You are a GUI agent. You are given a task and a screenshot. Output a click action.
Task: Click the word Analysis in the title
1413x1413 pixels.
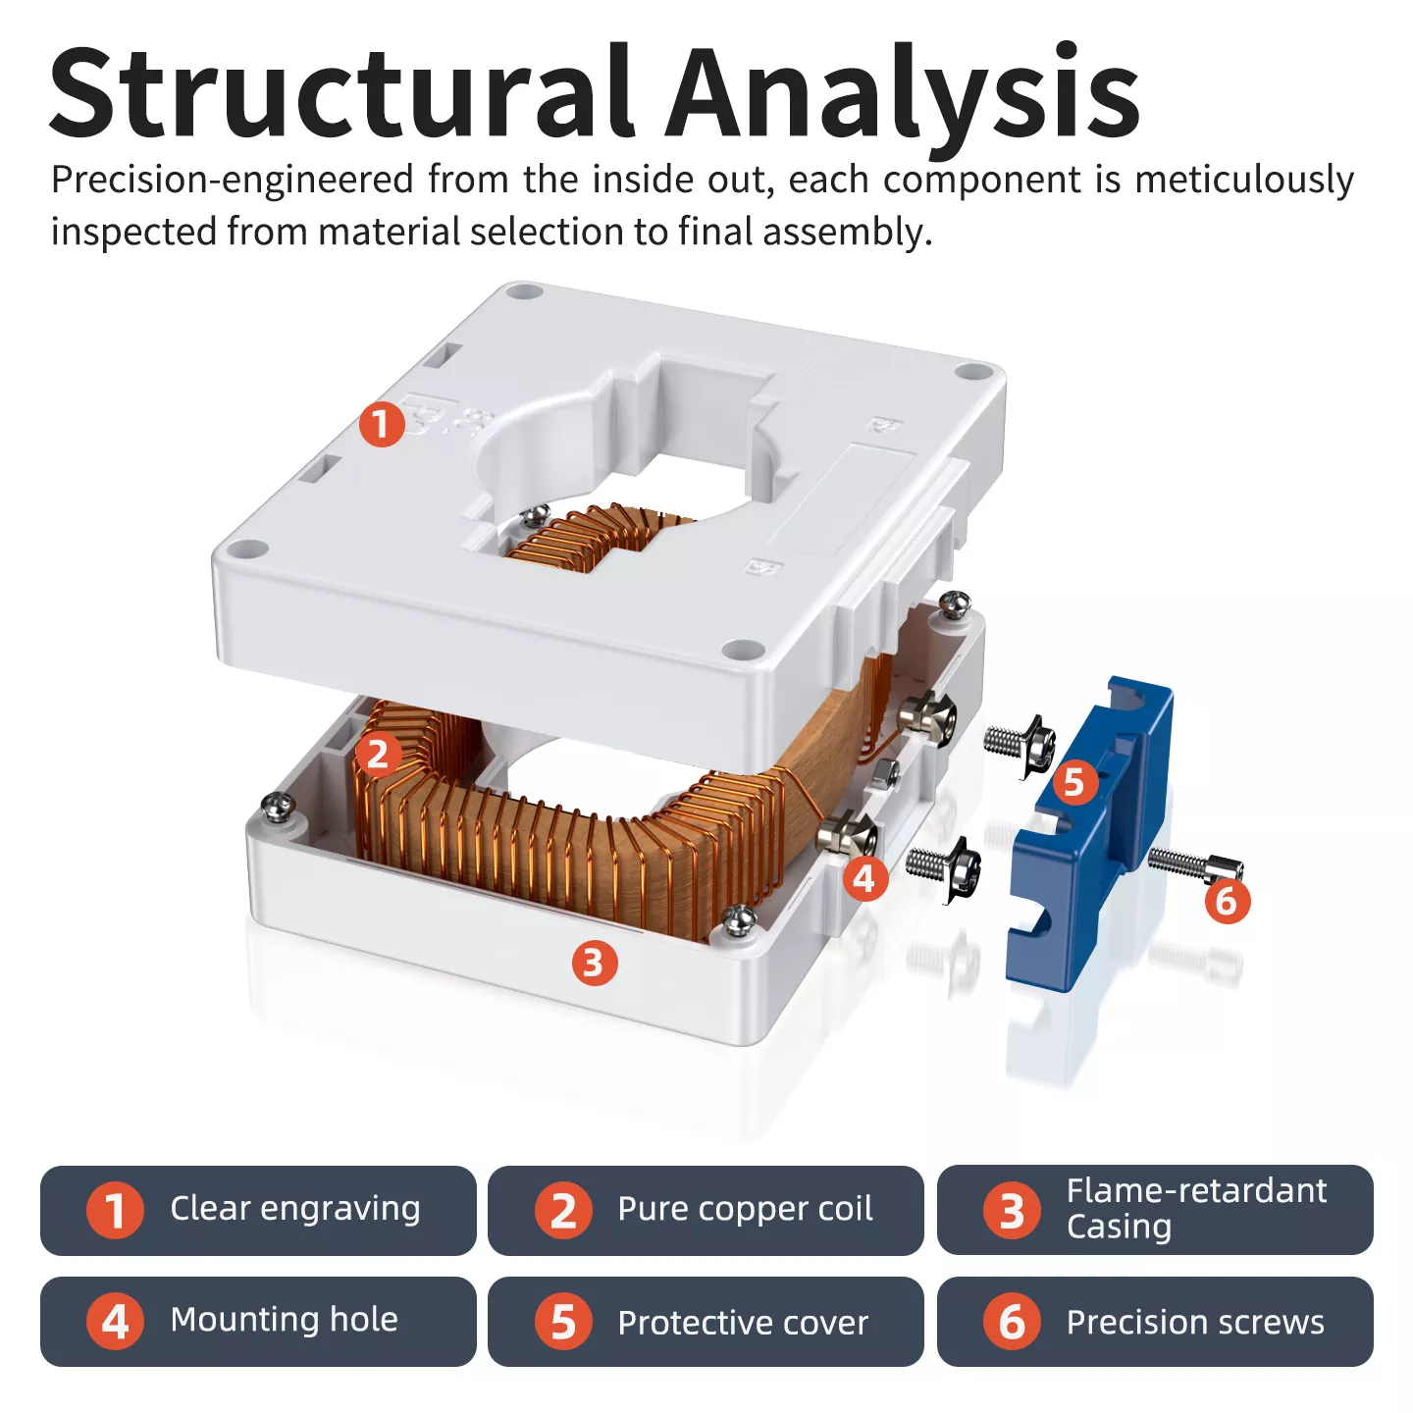903,93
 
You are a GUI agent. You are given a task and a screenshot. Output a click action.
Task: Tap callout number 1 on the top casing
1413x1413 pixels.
381,424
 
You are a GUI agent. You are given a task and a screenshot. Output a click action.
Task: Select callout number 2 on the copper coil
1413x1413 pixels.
378,754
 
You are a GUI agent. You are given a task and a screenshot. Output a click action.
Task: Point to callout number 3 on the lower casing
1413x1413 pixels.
595,964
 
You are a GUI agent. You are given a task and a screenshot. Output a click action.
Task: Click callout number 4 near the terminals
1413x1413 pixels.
864,877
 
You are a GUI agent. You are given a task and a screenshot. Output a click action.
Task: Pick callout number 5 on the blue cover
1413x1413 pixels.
1074,782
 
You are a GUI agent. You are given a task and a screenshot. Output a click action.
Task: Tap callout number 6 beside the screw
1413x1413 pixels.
1227,900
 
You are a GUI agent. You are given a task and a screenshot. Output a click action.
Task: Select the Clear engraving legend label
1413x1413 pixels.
294,1209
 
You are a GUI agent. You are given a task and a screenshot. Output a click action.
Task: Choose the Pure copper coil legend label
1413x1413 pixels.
745,1209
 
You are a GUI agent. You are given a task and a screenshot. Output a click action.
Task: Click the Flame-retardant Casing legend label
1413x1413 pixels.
1196,1208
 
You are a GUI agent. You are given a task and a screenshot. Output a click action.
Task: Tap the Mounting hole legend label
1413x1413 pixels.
285,1320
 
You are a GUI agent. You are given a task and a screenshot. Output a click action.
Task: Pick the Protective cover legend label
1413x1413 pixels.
743,1323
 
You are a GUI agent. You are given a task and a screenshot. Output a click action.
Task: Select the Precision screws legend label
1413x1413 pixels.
1195,1322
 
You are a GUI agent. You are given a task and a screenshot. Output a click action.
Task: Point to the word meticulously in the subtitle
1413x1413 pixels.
1244,181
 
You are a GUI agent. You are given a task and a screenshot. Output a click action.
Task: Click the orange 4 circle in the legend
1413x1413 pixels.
115,1321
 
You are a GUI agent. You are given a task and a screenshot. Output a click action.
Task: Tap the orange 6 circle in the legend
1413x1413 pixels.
1012,1322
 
